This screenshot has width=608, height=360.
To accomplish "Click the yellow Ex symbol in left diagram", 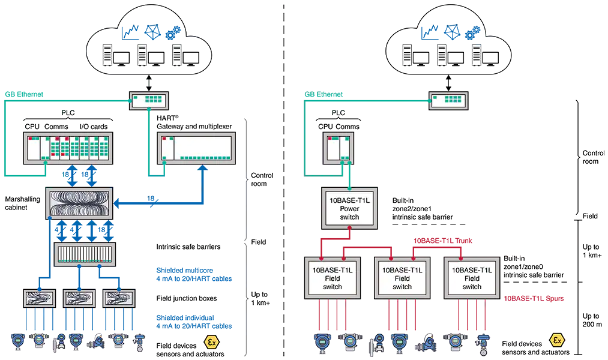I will [x=211, y=343].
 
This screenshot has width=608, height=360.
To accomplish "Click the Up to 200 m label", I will [x=592, y=321].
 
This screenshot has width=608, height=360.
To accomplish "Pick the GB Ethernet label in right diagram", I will [x=324, y=94].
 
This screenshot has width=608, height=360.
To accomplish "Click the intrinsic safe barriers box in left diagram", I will [x=85, y=254].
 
